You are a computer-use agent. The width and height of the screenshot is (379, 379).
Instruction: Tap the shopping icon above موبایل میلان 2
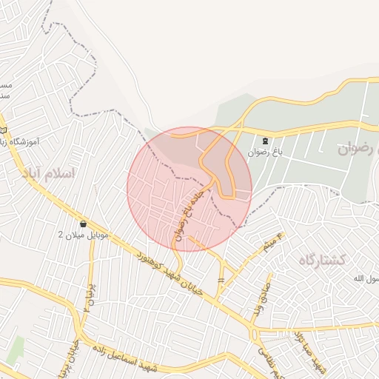82,224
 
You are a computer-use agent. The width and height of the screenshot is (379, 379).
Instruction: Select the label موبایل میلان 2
84,235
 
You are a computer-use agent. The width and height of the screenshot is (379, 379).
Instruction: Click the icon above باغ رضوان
265,141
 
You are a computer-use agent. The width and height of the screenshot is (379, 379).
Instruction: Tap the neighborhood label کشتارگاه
323,259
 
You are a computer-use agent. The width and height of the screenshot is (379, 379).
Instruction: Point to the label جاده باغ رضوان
187,213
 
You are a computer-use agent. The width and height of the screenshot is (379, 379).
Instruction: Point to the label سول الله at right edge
364,278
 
